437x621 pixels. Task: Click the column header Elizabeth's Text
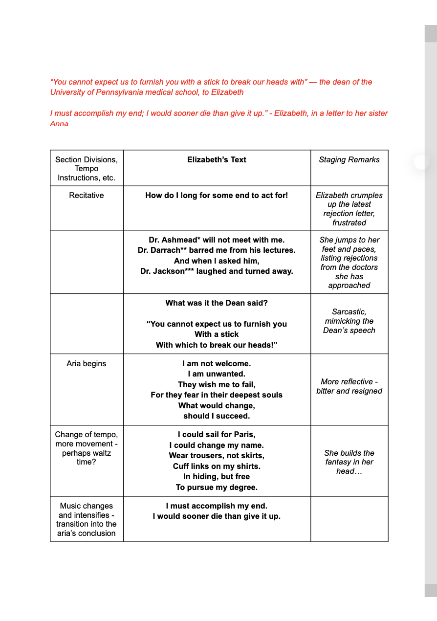[217, 159]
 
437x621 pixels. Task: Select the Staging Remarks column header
[349, 159]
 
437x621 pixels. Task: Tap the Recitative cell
[87, 195]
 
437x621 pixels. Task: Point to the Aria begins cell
[87, 363]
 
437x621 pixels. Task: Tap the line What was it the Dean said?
[217, 303]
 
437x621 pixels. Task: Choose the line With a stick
[217, 334]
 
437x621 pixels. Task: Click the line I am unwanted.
[217, 374]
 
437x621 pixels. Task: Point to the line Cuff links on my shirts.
[217, 466]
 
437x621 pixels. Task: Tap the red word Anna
[59, 123]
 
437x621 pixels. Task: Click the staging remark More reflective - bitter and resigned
[349, 386]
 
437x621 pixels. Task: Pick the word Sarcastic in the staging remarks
[349, 311]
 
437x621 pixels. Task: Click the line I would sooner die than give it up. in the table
[217, 516]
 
